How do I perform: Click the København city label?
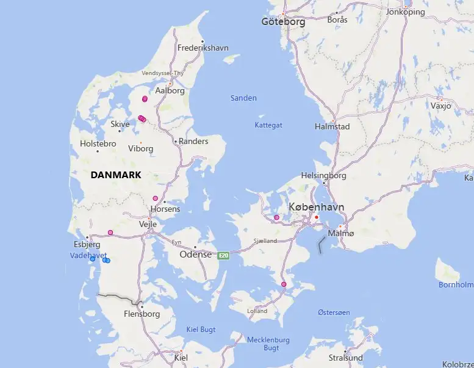(316, 207)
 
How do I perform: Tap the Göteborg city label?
(282, 21)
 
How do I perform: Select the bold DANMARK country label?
(115, 175)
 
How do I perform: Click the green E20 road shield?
(224, 255)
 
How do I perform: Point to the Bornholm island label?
(456, 284)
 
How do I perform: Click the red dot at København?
(317, 217)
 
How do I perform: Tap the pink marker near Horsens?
(156, 198)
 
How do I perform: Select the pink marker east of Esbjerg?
(110, 233)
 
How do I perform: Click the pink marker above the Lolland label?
(284, 284)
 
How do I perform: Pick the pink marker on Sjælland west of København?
(276, 217)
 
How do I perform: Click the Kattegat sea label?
(268, 125)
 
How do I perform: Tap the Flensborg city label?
(142, 314)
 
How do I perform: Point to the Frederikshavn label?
(203, 48)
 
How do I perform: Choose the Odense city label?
(195, 254)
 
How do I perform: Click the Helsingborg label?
(323, 176)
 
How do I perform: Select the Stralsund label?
(345, 358)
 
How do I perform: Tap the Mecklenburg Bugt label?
(268, 344)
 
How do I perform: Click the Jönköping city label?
(406, 12)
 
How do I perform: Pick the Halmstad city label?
(332, 126)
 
